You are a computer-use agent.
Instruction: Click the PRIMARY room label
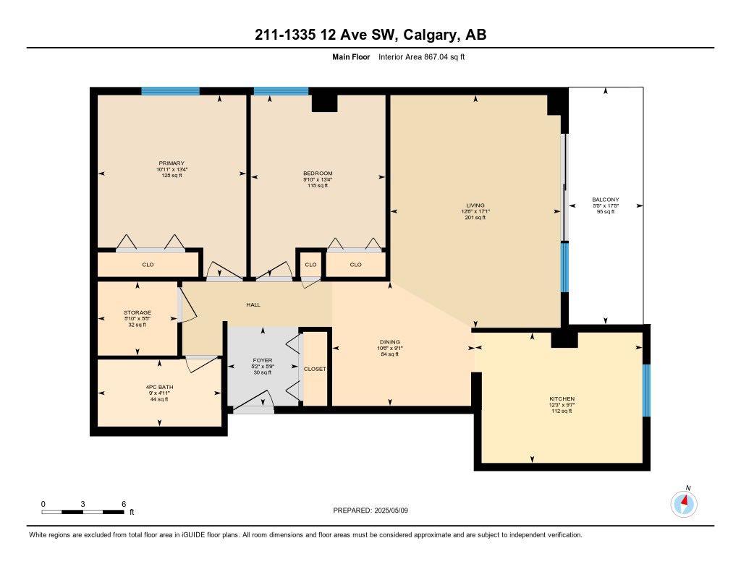(x=172, y=163)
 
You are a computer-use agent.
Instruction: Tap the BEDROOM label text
(x=318, y=174)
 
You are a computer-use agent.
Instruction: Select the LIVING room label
(x=475, y=205)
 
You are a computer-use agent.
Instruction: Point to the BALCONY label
(x=605, y=200)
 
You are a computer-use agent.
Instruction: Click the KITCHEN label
(x=562, y=399)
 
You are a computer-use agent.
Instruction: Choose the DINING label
(x=390, y=342)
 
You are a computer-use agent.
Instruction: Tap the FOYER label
(x=262, y=359)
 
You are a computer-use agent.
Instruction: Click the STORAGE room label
(x=137, y=313)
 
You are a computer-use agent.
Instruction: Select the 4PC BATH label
(x=159, y=387)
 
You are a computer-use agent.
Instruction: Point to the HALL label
(x=253, y=304)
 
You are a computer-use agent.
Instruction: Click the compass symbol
(x=684, y=503)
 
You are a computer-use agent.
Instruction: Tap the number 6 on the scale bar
(x=124, y=504)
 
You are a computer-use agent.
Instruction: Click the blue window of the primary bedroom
(x=170, y=91)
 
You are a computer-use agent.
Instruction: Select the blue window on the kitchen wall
(x=646, y=390)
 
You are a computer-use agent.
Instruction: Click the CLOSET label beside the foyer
(x=315, y=369)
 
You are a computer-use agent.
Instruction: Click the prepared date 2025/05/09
(x=396, y=510)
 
